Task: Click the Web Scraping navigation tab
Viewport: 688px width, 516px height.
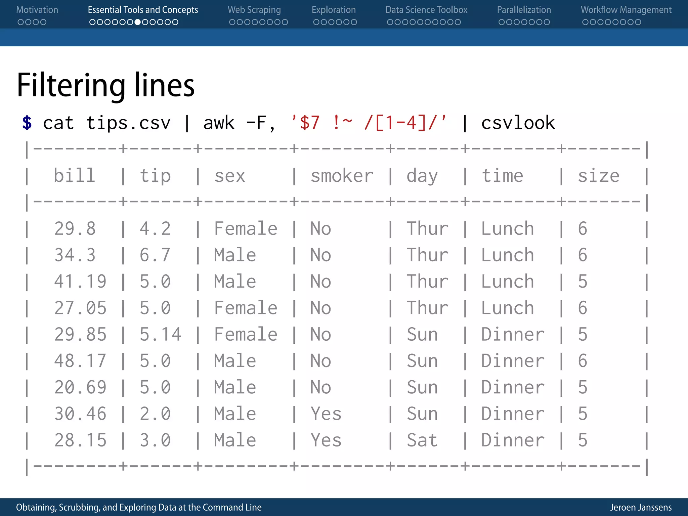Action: (254, 10)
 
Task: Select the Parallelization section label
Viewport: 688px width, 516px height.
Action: (524, 10)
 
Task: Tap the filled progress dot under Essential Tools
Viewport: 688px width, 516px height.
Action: (137, 22)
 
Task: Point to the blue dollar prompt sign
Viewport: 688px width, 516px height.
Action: (27, 123)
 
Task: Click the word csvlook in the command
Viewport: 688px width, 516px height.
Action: (518, 123)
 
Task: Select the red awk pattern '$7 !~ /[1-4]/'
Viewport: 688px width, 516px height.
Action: (369, 123)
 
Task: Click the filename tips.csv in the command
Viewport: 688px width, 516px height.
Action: (128, 123)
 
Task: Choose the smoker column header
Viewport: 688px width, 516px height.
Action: (342, 176)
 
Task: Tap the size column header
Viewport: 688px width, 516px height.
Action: (598, 176)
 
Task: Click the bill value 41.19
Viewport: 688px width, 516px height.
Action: (80, 282)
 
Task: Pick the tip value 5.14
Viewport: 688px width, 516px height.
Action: (160, 335)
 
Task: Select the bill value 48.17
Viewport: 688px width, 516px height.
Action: (80, 361)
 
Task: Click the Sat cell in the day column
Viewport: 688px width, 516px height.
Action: (422, 440)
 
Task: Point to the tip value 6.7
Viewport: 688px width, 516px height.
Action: (155, 255)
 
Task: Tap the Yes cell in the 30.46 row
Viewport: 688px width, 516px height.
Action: (326, 414)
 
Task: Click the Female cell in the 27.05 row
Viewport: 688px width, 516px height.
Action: (246, 308)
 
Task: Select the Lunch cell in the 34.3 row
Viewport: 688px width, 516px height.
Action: (507, 255)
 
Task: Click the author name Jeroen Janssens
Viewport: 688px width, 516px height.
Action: (641, 507)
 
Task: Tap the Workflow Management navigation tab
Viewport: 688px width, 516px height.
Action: (626, 10)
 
